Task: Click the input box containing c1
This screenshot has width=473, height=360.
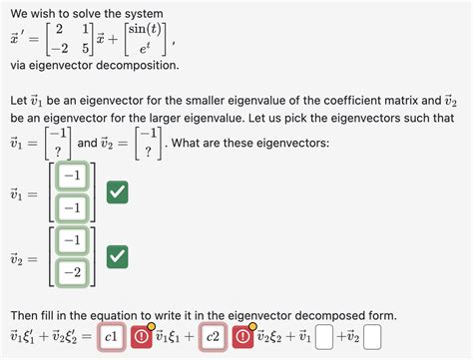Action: pos(113,338)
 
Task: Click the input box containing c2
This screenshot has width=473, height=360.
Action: pos(213,338)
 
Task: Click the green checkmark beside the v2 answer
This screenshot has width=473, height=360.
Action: pos(117,257)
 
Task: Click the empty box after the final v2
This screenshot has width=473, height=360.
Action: pos(372,339)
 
